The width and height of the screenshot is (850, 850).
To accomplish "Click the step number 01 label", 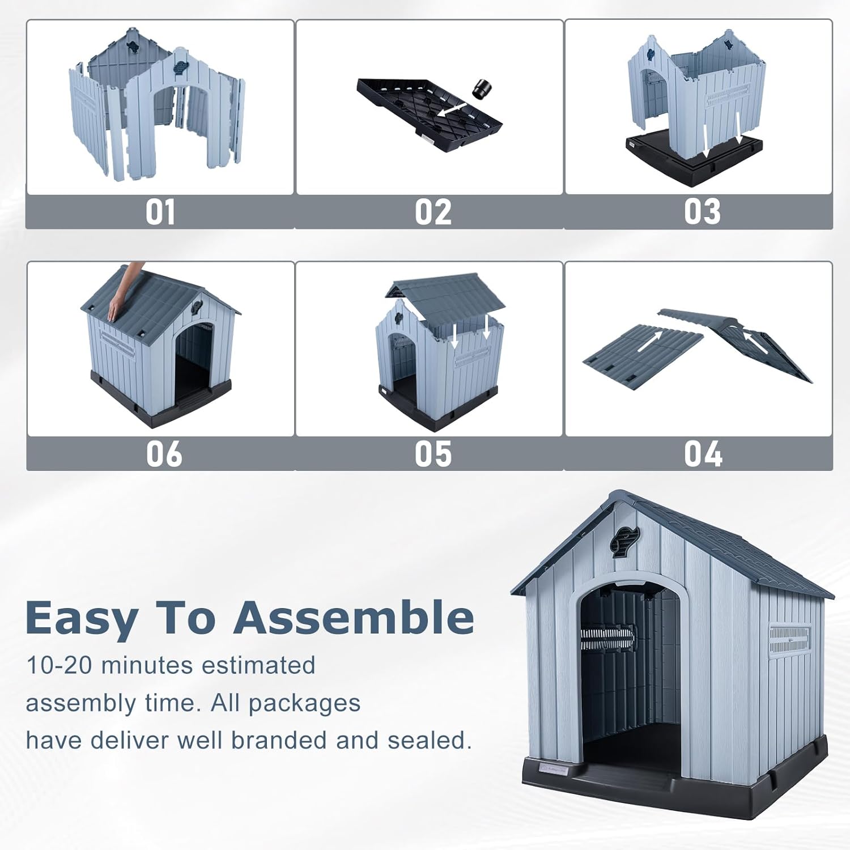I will (160, 212).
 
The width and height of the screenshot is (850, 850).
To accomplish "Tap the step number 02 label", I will (433, 212).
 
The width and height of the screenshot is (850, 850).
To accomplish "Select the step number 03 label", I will (702, 212).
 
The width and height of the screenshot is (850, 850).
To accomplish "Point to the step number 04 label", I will (703, 454).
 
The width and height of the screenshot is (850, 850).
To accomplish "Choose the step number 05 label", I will (433, 454).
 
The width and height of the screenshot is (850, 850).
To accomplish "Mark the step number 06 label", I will (164, 454).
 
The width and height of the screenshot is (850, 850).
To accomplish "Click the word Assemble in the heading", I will (354, 618).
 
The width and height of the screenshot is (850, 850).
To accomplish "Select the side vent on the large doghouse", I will (789, 639).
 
